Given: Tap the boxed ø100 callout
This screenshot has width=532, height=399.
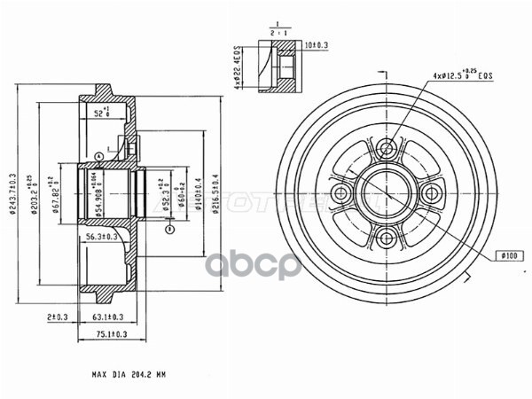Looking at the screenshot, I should pos(508,256).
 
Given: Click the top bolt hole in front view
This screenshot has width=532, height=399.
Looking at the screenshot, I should pos(386,146).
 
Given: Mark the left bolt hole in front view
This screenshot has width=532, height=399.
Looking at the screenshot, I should pos(340,192).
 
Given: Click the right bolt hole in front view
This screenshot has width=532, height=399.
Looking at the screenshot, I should pos(431,192).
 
